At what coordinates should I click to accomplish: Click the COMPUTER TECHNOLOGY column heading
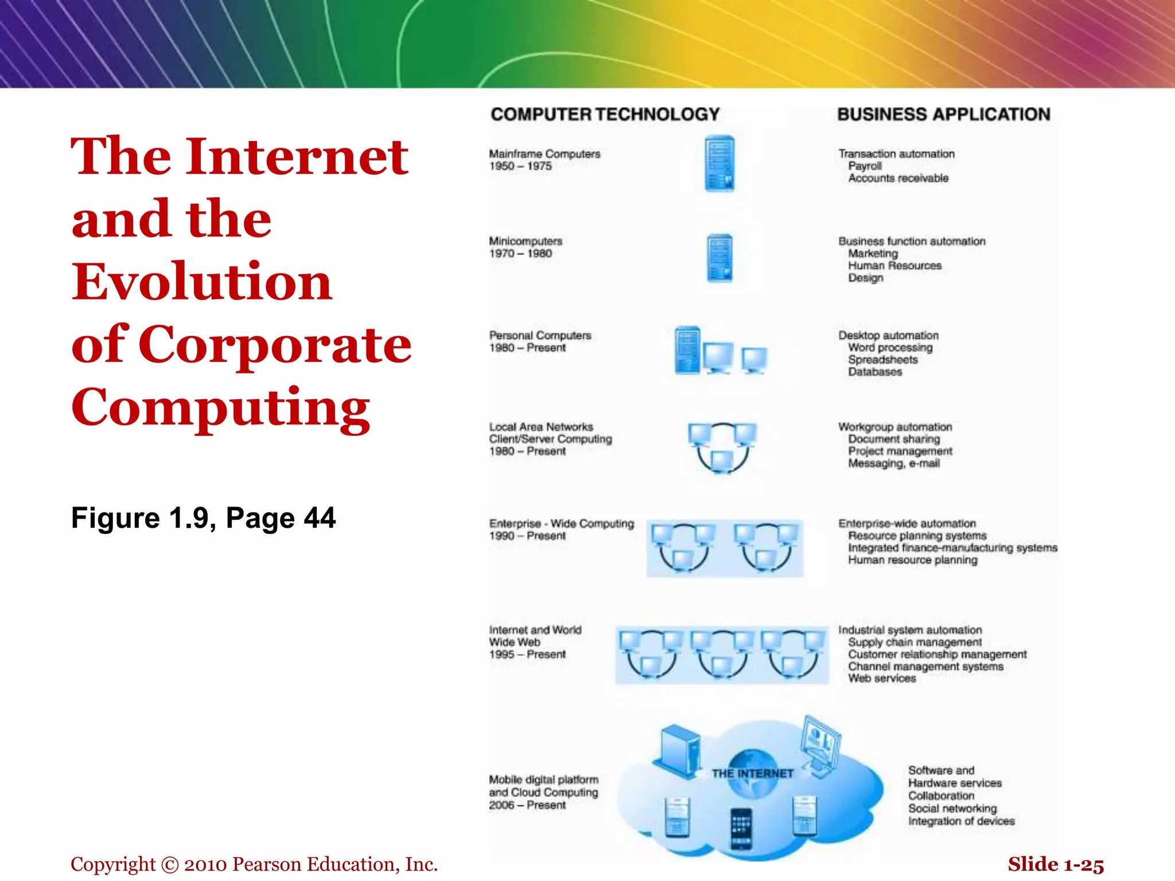click(605, 114)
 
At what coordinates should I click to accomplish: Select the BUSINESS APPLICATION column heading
click(944, 114)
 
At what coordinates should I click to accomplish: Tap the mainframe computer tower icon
click(719, 164)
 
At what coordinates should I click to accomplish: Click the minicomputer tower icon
click(719, 258)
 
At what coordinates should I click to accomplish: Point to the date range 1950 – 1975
click(520, 166)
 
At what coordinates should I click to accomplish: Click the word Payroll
click(865, 166)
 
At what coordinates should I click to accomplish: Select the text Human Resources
click(894, 266)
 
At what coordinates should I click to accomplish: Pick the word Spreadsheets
click(882, 360)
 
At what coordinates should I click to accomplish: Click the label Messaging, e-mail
click(894, 463)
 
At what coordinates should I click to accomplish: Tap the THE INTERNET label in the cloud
click(752, 774)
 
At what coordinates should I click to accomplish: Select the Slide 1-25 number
click(1056, 864)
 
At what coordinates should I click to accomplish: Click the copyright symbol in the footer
click(170, 865)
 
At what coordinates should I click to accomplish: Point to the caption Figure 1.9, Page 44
click(203, 518)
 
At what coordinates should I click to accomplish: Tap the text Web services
click(882, 679)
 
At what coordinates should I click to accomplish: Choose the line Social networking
click(952, 809)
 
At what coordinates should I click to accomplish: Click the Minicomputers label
click(526, 241)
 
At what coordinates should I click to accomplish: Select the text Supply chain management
click(915, 642)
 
